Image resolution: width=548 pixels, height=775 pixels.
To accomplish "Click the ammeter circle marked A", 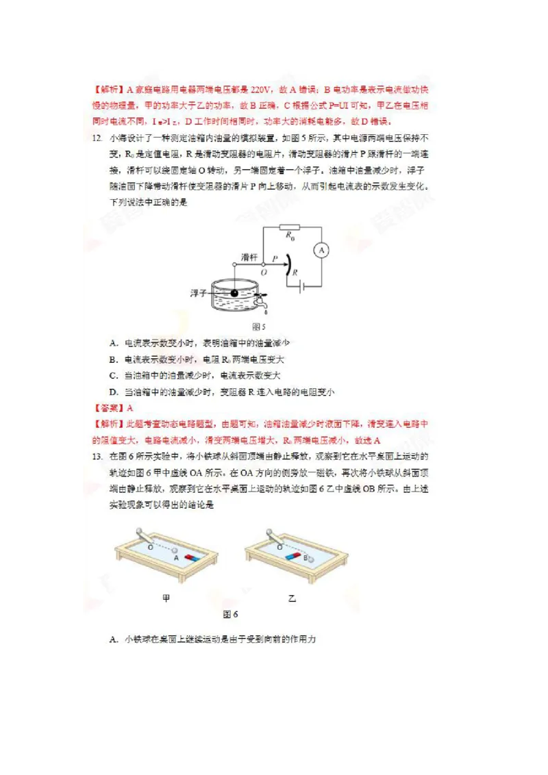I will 321,251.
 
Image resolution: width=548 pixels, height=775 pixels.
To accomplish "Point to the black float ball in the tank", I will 234,293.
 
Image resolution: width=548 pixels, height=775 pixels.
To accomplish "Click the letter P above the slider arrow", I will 274,259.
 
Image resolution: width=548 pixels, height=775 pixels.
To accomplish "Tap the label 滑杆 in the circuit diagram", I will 249,257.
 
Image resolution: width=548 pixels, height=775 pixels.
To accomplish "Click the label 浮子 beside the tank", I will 199,293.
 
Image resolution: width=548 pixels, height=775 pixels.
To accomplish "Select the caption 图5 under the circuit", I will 259,326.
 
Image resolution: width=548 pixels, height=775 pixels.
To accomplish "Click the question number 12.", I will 97,138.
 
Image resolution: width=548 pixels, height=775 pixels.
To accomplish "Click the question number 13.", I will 97,457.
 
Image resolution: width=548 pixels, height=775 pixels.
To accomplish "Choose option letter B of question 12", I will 113,359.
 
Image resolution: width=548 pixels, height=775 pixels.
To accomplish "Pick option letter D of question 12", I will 113,392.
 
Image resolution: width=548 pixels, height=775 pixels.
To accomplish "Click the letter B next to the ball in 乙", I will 305,558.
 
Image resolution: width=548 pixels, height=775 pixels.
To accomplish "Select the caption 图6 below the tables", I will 230,614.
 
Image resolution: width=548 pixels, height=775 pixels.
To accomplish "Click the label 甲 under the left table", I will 166,598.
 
